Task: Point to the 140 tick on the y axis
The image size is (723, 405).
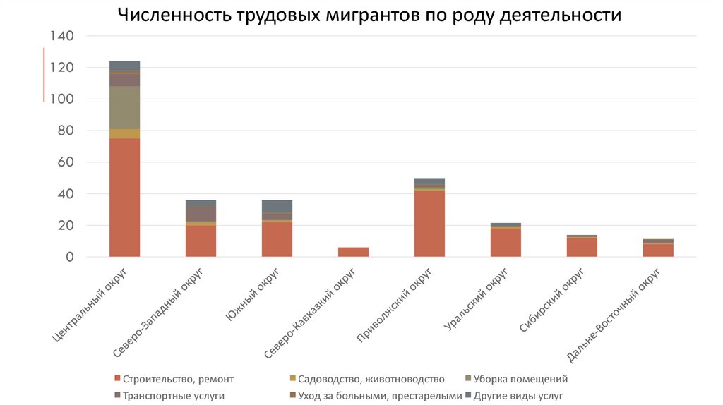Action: pos(61,35)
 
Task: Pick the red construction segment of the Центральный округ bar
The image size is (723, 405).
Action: pos(124,198)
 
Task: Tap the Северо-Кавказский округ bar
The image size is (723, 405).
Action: pos(353,252)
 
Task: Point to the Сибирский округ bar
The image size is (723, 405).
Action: pos(582,247)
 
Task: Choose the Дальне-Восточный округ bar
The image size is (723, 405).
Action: pos(658,249)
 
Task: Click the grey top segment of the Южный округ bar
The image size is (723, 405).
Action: pos(277,206)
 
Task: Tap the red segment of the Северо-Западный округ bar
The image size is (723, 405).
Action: pos(201,241)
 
